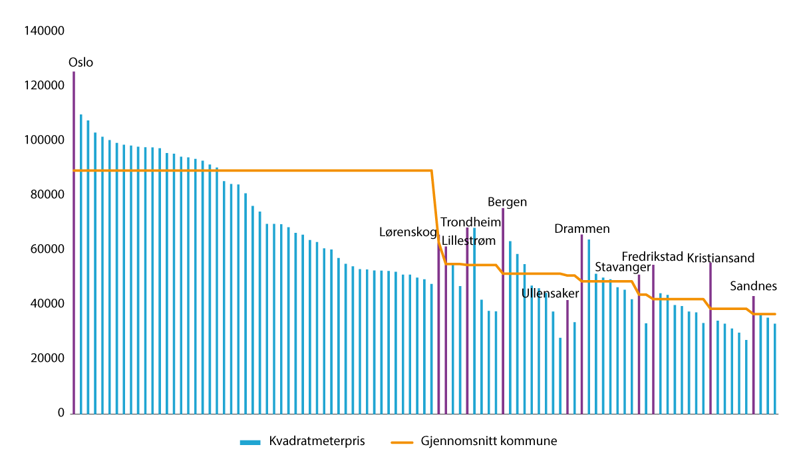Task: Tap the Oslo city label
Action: pyautogui.click(x=80, y=63)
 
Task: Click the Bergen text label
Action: pyautogui.click(x=507, y=202)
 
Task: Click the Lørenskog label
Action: pyautogui.click(x=408, y=232)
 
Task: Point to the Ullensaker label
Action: pyautogui.click(x=550, y=293)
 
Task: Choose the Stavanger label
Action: pyautogui.click(x=622, y=267)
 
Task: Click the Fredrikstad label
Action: pyautogui.click(x=652, y=257)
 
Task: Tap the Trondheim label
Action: pyautogui.click(x=470, y=222)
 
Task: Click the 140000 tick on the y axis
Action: pyautogui.click(x=44, y=31)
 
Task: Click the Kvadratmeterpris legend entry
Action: pyautogui.click(x=303, y=441)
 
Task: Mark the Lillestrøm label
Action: pyautogui.click(x=469, y=240)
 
